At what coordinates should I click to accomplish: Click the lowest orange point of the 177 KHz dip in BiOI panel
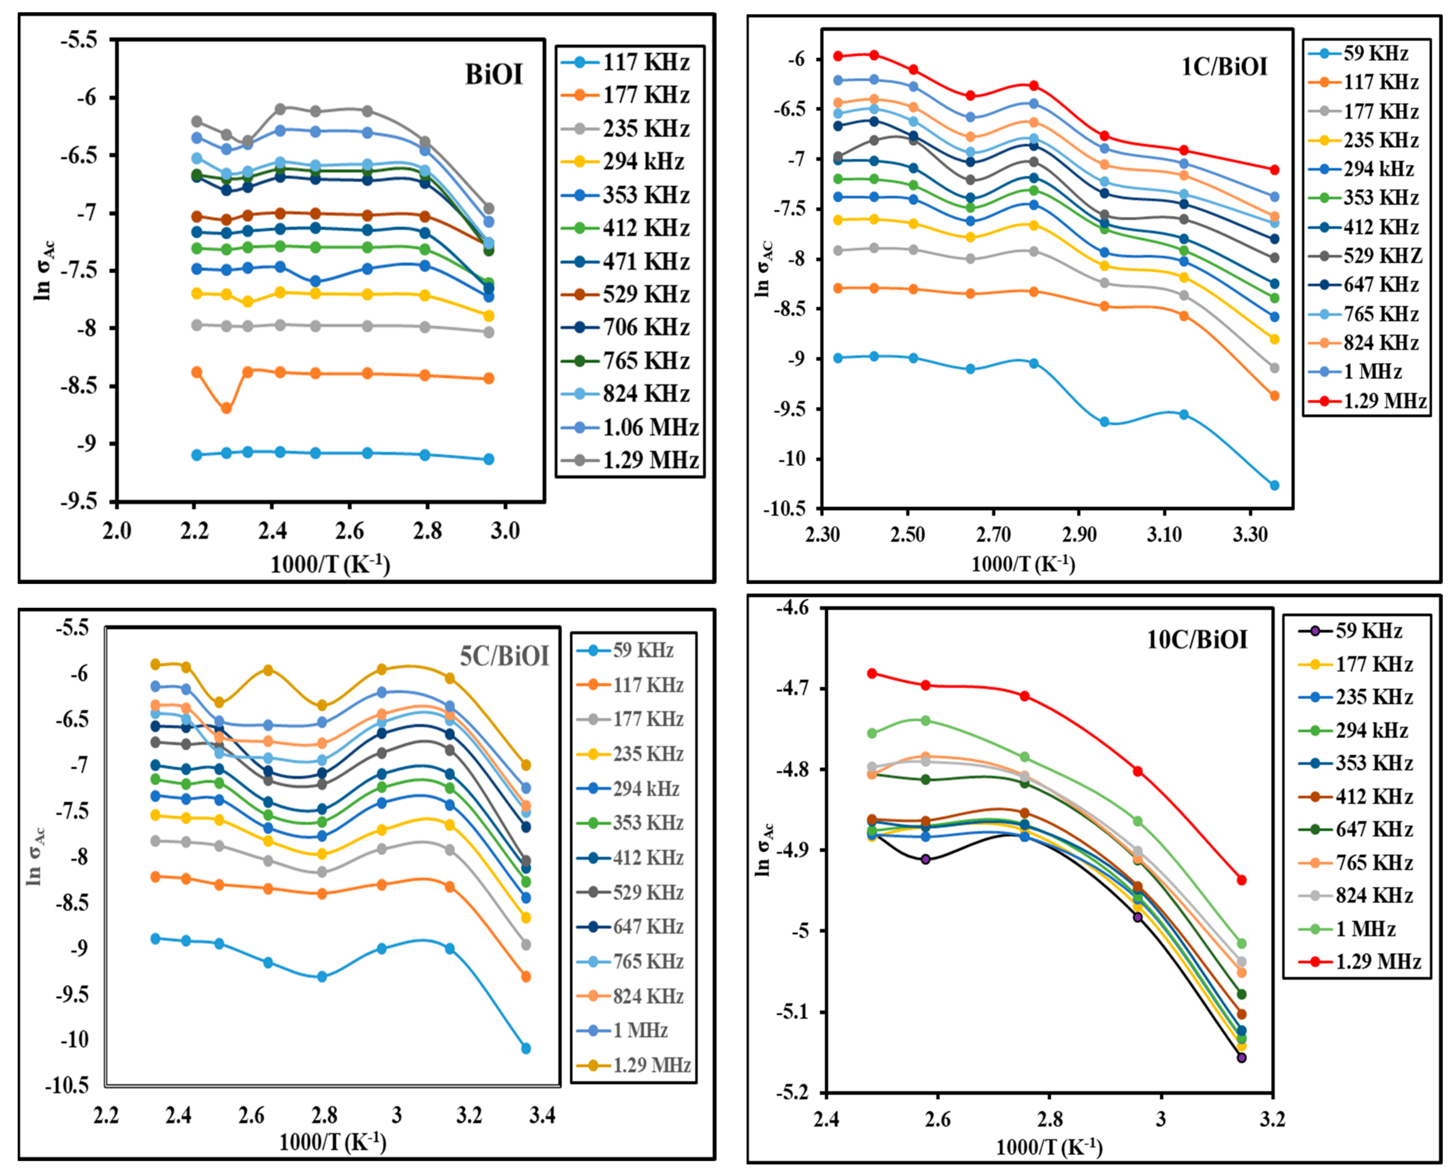tap(226, 408)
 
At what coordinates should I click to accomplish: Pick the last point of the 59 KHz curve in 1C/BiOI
tap(1274, 485)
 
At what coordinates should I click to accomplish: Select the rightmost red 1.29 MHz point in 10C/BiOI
tap(1242, 880)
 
